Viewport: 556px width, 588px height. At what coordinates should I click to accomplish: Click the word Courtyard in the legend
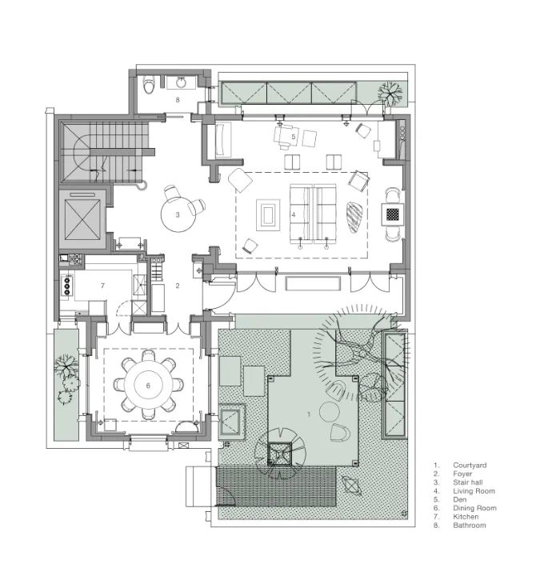coord(470,465)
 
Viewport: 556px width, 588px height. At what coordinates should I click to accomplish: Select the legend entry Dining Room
coord(474,508)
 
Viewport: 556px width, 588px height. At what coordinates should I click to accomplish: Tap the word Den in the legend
coord(460,499)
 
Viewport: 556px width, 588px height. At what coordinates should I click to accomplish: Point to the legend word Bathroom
coord(470,526)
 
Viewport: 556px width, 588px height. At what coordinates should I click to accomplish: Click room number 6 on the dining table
coord(148,386)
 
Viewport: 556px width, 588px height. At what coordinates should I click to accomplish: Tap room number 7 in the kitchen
coord(102,286)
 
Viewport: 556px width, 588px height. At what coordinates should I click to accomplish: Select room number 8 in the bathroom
coord(178,100)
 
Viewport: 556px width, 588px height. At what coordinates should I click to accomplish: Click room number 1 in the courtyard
coord(309,414)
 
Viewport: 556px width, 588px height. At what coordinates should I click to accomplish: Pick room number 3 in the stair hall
coord(178,215)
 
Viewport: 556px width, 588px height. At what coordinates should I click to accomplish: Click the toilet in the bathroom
coord(150,85)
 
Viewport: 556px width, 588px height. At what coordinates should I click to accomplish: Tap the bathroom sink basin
coord(182,82)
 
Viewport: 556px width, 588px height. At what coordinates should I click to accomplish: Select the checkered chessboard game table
coord(393,214)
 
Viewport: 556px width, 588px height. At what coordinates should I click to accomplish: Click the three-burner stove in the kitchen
coord(67,286)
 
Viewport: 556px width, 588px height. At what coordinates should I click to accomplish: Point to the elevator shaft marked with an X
coord(82,220)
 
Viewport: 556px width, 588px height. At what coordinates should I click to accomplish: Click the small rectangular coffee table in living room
coord(268,215)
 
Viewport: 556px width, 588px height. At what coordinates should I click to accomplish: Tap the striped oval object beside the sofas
coord(354,218)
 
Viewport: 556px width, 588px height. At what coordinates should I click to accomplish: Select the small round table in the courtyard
coord(330,411)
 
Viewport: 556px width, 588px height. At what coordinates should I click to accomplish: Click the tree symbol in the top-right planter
coord(390,93)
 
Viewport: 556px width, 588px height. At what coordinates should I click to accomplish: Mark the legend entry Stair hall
coord(468,482)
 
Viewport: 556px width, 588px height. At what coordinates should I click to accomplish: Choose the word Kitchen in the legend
coord(466,517)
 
